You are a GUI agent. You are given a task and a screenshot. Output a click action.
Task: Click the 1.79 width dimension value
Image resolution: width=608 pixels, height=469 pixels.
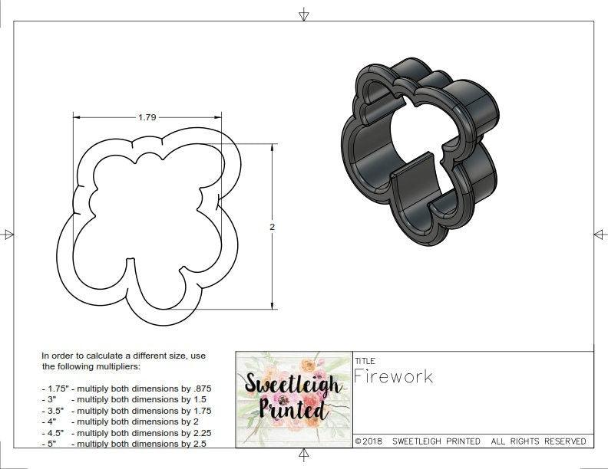coord(147,117)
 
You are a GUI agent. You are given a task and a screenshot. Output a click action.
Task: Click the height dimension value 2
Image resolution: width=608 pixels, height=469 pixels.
coord(272,227)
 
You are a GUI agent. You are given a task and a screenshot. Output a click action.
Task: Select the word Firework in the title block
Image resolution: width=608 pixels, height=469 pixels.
coord(393,376)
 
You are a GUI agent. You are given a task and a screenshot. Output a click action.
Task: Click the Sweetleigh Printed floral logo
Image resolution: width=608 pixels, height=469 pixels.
coord(292,399)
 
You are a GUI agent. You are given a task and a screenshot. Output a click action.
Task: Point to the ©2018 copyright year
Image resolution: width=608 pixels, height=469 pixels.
coord(368,441)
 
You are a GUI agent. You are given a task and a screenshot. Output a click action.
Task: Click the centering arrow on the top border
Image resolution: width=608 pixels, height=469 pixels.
coord(304,13)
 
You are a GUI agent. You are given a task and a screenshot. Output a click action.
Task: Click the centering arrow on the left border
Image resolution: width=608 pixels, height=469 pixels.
coord(8,235)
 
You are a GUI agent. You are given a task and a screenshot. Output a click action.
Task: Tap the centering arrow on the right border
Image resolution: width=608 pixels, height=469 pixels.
coord(600,235)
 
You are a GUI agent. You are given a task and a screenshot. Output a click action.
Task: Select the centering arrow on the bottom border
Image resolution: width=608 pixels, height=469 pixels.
coord(304,456)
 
